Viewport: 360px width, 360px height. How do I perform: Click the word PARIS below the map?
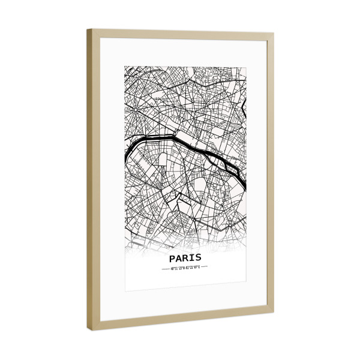(185, 257)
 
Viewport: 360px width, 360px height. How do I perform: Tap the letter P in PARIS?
(173, 257)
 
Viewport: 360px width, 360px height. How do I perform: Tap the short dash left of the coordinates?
(166, 267)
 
